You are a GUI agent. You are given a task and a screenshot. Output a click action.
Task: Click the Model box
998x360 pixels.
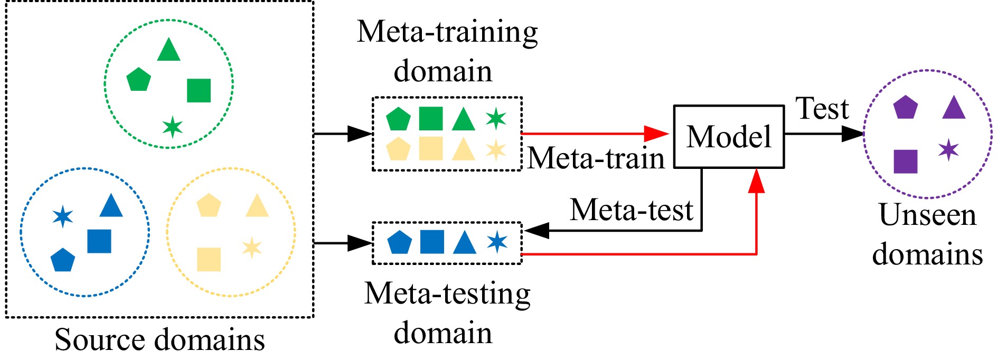(729, 137)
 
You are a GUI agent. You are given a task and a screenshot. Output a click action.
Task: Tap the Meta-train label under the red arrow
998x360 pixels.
(596, 158)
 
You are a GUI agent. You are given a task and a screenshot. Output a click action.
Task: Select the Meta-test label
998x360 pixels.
(631, 210)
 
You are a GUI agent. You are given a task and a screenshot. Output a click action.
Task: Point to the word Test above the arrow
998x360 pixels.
(822, 109)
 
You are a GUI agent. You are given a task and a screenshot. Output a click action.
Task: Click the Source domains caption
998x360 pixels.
(159, 339)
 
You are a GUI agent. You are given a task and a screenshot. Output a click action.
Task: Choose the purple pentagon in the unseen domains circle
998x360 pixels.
(905, 108)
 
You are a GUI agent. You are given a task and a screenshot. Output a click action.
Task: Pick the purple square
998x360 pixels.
(905, 161)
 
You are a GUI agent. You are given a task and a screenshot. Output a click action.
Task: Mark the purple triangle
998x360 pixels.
(954, 108)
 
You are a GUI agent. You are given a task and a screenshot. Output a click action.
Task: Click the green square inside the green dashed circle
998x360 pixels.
(199, 90)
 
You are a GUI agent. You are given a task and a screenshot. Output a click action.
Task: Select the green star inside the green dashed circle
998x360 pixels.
(172, 127)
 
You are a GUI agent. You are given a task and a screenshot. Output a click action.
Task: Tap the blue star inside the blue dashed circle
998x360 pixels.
(63, 216)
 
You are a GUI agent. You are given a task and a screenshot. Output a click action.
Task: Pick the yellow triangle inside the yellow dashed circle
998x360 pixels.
(257, 206)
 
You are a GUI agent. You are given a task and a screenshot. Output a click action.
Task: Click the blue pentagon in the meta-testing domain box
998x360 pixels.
(399, 243)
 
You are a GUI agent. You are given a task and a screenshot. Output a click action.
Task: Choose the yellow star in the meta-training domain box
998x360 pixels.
(496, 149)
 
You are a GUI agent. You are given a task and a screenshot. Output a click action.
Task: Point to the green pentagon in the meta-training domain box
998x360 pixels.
(398, 119)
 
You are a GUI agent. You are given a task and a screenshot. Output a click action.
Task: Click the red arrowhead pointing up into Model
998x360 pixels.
(757, 181)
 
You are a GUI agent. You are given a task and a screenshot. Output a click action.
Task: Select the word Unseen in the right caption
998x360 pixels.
(927, 215)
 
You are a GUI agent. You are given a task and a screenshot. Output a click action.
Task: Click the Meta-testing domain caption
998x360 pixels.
(447, 313)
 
